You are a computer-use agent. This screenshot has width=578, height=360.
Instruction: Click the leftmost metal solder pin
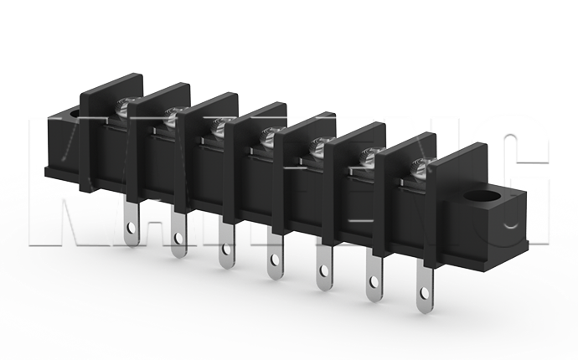click(x=132, y=220)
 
